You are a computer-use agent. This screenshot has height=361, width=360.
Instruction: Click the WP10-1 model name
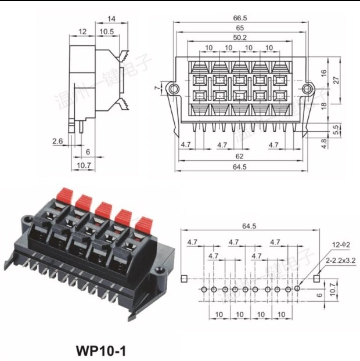[100, 351]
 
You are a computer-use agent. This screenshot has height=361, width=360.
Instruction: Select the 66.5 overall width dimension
[240, 18]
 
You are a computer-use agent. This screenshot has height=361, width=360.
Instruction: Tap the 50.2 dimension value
[240, 37]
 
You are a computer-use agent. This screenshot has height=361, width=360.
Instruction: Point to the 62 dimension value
[240, 156]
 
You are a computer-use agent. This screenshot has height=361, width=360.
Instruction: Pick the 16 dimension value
[323, 74]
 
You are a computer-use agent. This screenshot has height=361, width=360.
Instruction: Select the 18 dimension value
[323, 104]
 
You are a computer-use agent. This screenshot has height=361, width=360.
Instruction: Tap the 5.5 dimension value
[336, 131]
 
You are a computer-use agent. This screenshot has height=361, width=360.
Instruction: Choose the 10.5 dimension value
[106, 31]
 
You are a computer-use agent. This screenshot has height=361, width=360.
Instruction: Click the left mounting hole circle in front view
[172, 88]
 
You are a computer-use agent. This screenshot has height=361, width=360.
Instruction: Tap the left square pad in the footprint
[183, 279]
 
